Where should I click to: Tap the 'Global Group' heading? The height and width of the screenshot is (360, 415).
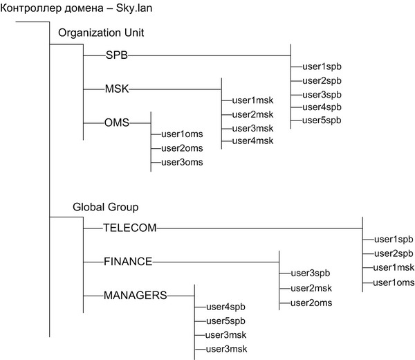click(x=106, y=206)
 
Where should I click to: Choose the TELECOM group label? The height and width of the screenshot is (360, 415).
click(x=130, y=227)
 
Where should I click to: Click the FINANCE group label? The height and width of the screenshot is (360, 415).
click(x=127, y=261)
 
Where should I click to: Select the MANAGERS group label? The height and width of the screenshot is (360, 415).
click(x=135, y=295)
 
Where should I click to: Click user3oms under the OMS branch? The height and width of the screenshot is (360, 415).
click(x=183, y=162)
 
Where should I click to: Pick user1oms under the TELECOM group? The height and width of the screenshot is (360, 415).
click(x=394, y=282)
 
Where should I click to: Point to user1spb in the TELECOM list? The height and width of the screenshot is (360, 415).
click(x=394, y=239)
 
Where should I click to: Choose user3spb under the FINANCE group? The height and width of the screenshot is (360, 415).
click(x=311, y=273)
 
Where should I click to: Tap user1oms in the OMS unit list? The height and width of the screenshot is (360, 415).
click(x=183, y=134)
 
